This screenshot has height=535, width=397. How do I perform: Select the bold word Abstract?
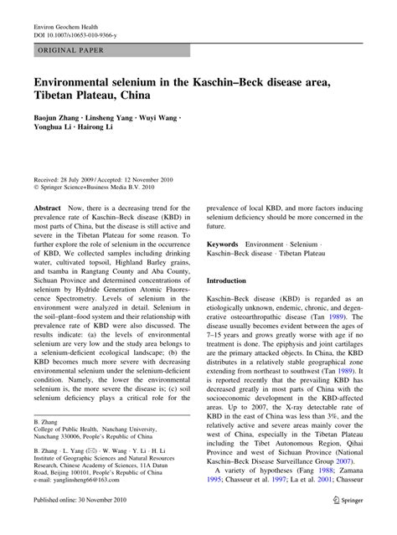point(48,205)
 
